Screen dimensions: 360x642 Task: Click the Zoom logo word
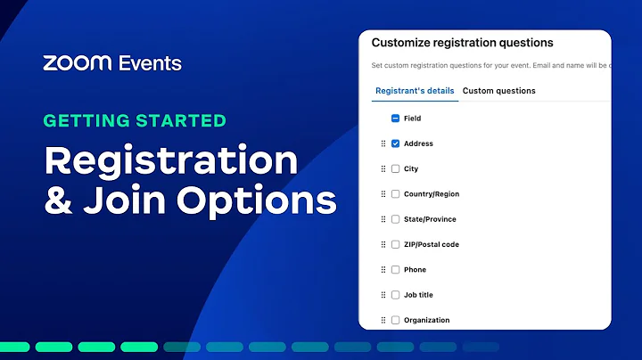(76, 63)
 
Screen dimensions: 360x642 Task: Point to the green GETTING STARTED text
(135, 120)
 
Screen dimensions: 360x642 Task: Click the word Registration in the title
(171, 161)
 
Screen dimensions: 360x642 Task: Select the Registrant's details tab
(415, 91)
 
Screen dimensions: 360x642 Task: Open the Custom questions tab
(499, 91)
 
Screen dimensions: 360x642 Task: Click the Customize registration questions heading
(462, 43)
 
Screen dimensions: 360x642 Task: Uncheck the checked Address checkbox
(395, 143)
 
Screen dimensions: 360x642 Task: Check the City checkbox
(395, 168)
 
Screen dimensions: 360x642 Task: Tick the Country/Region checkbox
(395, 194)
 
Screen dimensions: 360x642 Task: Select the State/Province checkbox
(395, 219)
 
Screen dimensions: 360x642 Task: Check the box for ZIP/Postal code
(395, 244)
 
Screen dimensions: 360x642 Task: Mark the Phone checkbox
(395, 269)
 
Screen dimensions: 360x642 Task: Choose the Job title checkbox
(395, 295)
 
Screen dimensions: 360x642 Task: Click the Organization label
(426, 320)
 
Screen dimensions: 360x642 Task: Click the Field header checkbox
(395, 119)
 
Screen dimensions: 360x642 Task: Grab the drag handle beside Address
(383, 143)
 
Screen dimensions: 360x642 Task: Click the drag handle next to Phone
(383, 269)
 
